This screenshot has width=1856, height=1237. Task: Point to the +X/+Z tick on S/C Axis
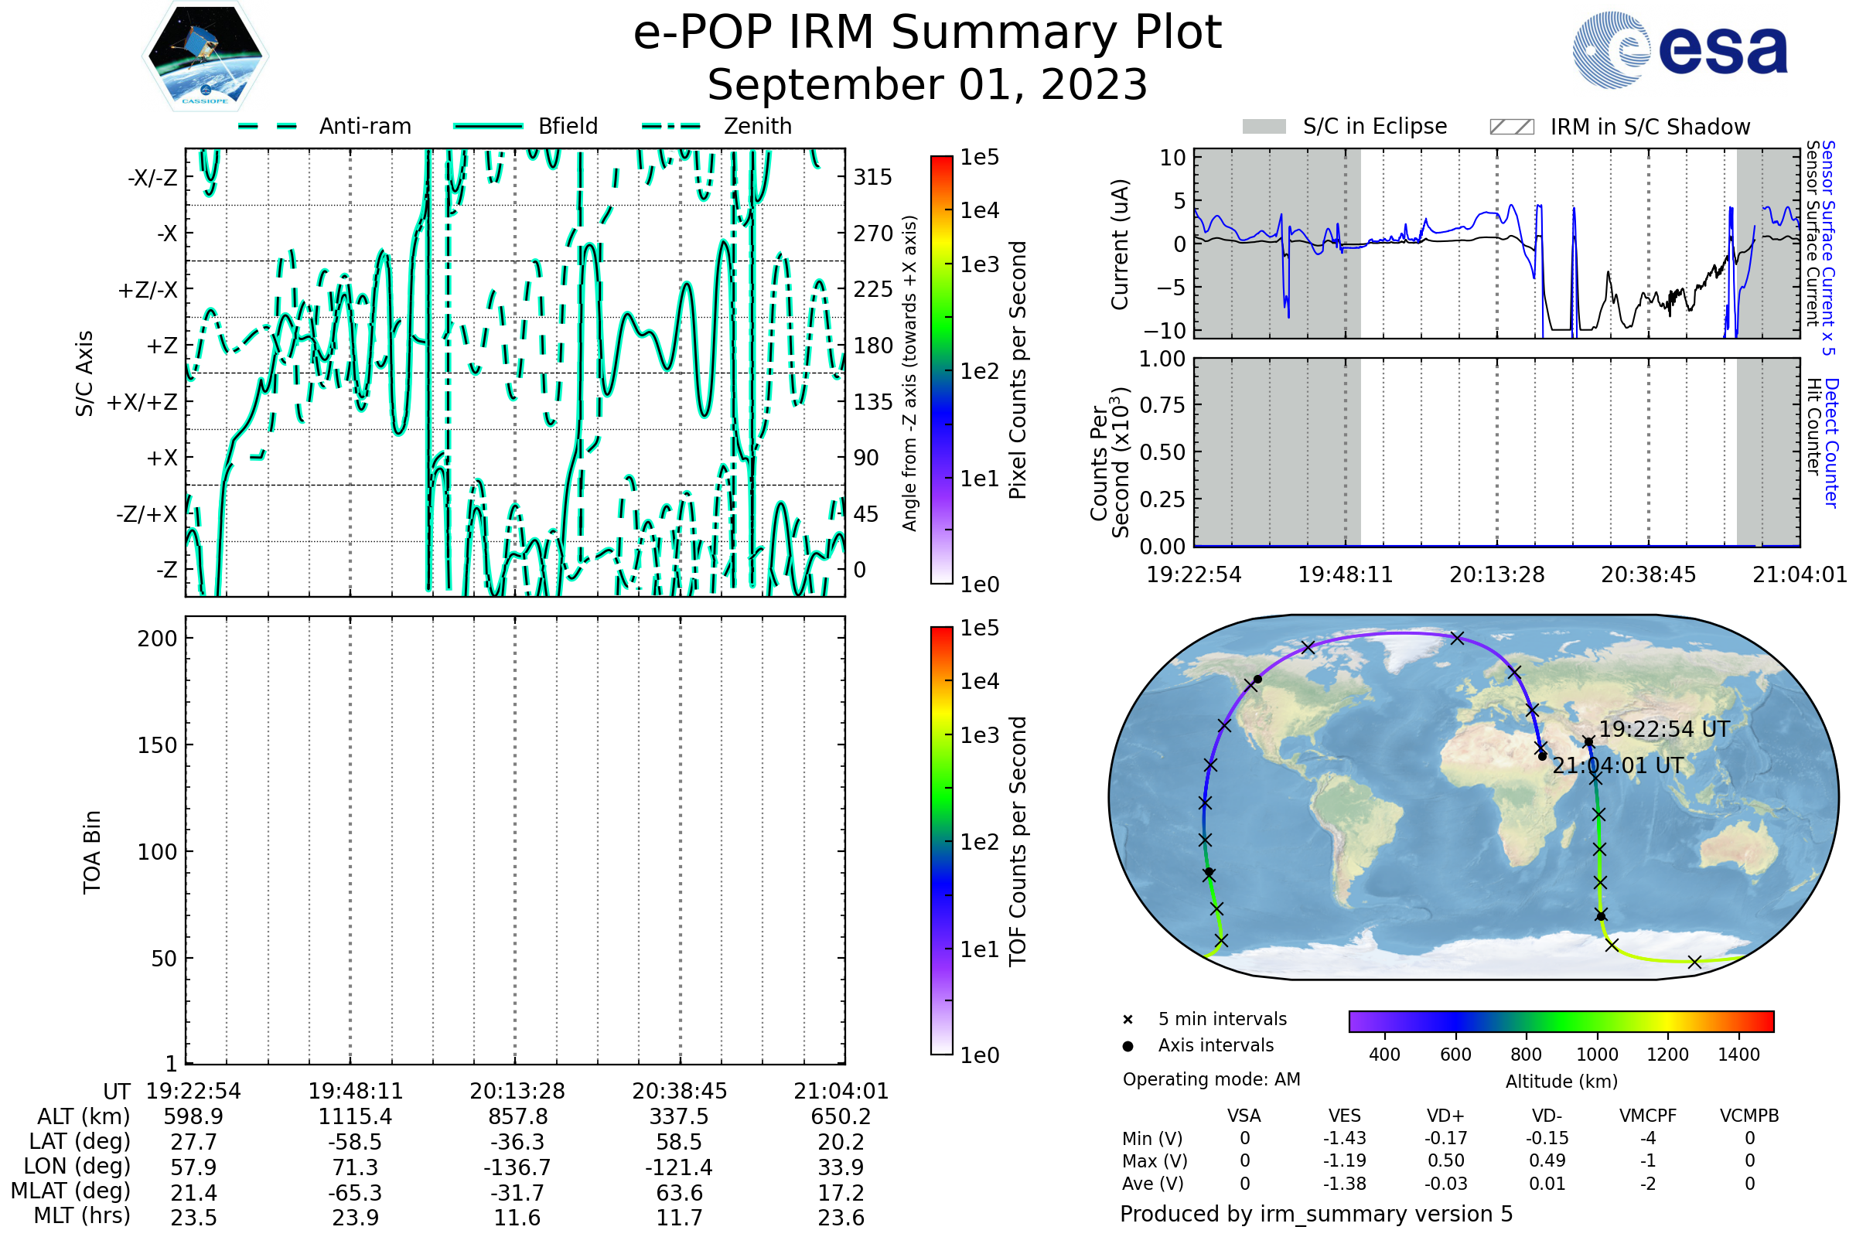(x=142, y=402)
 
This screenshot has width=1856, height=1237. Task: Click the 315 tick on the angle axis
(x=873, y=177)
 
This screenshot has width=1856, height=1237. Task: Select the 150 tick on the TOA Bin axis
(x=157, y=745)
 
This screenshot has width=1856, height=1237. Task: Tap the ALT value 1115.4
(x=355, y=1117)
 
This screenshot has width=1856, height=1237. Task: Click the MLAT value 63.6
(x=680, y=1193)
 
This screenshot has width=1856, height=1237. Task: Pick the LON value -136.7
(x=517, y=1167)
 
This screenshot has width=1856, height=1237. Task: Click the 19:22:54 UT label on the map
(x=1664, y=729)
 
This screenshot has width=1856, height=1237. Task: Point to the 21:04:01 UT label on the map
(x=1618, y=766)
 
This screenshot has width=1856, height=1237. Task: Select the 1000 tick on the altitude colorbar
(x=1597, y=1055)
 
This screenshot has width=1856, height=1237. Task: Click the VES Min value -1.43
(x=1345, y=1138)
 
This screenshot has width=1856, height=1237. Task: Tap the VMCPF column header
(x=1648, y=1116)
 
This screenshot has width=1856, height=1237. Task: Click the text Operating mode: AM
(x=1211, y=1079)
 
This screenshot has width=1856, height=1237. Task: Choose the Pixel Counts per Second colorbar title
(x=1018, y=370)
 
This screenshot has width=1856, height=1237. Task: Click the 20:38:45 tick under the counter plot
(x=1649, y=575)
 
